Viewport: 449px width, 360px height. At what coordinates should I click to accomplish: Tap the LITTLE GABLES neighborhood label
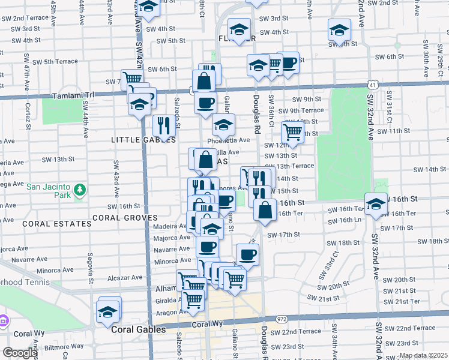pos(143,140)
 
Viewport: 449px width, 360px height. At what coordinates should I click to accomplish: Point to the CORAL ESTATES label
pos(56,223)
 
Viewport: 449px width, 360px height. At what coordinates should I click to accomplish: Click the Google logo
pos(20,353)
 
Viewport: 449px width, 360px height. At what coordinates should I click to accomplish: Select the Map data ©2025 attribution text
pos(423,355)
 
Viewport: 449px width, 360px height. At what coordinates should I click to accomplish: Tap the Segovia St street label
pos(91,267)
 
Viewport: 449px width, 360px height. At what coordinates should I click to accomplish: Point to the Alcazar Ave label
pos(124,278)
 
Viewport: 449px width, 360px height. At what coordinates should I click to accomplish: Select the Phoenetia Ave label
pos(228,140)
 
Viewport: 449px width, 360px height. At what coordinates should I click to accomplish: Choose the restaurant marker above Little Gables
pos(162,124)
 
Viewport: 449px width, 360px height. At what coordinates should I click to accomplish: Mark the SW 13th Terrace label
pos(294,166)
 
